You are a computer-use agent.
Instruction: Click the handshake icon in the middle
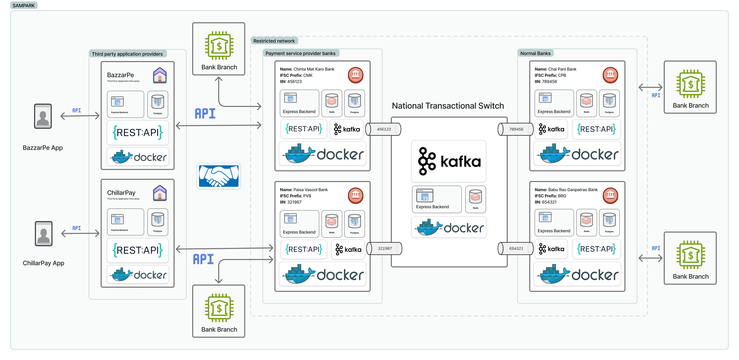[219, 176]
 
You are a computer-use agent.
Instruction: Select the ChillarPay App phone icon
[44, 233]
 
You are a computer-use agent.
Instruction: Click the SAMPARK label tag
[24, 5]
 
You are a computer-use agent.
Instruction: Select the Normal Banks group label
[535, 53]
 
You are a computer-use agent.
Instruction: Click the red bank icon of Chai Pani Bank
[610, 75]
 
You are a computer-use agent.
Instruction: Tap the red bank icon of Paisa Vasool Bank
[355, 196]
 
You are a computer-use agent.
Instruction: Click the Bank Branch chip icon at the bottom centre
[219, 307]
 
